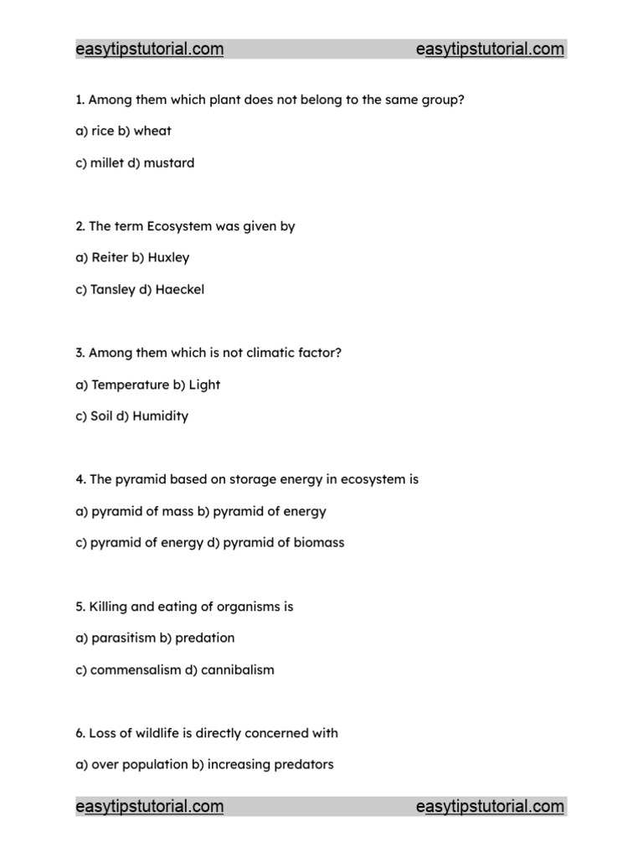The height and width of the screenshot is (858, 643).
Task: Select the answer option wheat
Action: [152, 131]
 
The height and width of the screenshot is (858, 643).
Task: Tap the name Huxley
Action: [168, 257]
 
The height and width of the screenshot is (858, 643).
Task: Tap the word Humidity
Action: [162, 416]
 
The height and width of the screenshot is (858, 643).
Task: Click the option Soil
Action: [103, 416]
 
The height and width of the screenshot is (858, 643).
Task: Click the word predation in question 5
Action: [205, 638]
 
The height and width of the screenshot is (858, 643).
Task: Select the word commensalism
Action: [136, 669]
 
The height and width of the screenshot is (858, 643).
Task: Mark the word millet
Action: [108, 163]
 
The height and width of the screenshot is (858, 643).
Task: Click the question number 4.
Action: [80, 480]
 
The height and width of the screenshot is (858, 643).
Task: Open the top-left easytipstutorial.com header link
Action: [150, 49]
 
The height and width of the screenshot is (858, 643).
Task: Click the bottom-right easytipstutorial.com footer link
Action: [490, 807]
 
